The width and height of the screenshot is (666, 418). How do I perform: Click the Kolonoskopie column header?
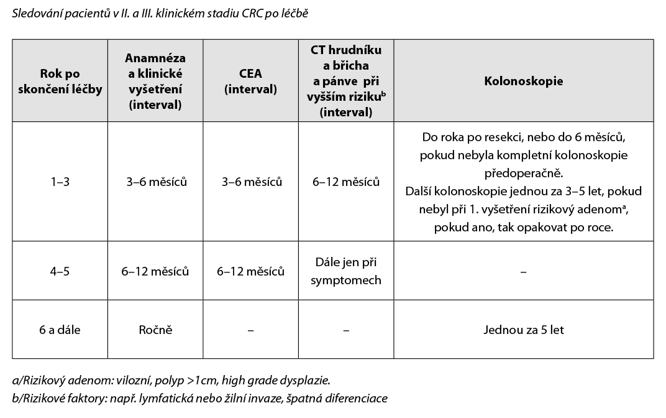[523, 81]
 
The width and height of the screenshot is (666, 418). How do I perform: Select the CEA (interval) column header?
[251, 81]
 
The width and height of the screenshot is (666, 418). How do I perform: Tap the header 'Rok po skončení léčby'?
[60, 81]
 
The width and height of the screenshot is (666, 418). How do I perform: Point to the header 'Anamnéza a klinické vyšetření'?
[155, 81]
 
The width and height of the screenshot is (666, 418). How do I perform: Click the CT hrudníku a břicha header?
[346, 81]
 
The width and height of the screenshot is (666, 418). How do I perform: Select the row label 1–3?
[60, 182]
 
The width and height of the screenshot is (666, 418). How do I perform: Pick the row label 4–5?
[60, 272]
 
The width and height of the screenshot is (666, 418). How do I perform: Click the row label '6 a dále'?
[60, 330]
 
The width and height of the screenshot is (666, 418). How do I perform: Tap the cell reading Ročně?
[155, 330]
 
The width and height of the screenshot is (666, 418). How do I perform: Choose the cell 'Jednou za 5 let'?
[523, 330]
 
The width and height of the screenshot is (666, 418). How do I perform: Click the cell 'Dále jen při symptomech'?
[346, 272]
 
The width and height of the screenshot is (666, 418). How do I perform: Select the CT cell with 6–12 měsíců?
[346, 182]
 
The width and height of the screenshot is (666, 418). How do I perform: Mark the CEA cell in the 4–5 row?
[251, 272]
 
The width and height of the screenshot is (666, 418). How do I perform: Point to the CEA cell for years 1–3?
[251, 182]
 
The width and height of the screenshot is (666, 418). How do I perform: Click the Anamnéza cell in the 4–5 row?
[155, 272]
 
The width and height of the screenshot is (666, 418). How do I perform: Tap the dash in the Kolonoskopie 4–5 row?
[523, 272]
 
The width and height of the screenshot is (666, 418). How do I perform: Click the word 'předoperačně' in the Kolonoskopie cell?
[523, 172]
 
